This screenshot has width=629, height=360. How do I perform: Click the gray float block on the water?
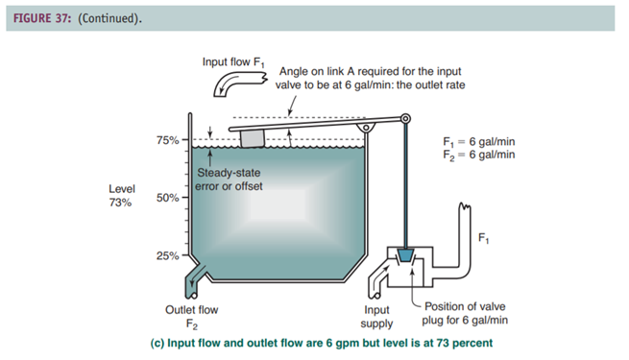253,138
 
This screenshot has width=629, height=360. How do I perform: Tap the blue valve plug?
405,255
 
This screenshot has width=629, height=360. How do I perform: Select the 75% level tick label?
168,140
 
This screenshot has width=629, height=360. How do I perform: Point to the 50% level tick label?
168,198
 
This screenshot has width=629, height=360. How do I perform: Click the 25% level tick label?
168,255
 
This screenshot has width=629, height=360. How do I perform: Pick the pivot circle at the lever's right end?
405,119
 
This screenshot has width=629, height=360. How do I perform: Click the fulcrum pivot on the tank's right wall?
366,128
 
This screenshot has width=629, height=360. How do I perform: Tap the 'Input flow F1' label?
233,62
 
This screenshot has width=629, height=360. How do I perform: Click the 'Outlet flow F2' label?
192,317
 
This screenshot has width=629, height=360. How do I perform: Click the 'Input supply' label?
376,317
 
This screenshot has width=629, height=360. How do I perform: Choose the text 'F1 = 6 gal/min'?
479,141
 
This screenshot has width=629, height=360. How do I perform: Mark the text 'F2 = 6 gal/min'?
479,156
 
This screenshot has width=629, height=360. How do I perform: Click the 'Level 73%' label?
122,196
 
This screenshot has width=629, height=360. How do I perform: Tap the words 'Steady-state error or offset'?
229,180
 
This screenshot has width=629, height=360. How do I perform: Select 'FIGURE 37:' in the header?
41,18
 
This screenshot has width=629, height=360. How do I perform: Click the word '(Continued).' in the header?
109,18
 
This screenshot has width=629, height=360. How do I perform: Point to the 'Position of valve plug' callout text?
465,313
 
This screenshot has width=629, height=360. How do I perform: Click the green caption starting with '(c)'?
322,343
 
